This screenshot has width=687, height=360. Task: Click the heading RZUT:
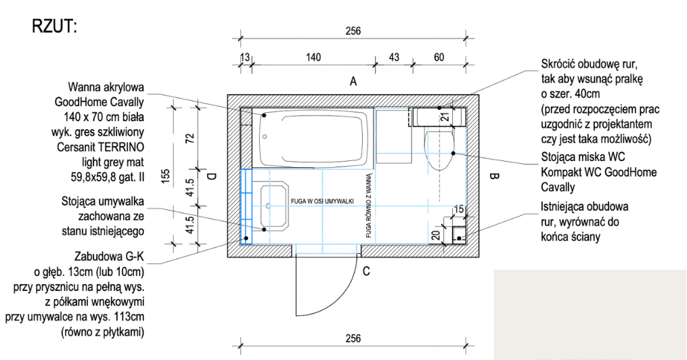[x=54, y=26]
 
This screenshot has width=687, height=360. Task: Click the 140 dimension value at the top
[x=313, y=58]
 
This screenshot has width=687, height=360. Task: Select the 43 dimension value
[x=394, y=58]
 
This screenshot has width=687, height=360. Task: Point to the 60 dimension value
[x=439, y=58]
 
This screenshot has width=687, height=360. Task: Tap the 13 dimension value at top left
[x=245, y=58]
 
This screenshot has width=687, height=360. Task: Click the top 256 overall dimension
[x=353, y=31]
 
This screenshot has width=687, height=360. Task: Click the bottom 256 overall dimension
[x=353, y=338]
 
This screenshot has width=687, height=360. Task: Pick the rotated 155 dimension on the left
[x=166, y=177]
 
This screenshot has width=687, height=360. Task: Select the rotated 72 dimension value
[x=190, y=138]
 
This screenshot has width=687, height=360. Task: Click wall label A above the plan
[x=353, y=81]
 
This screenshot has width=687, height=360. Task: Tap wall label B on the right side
[x=494, y=177]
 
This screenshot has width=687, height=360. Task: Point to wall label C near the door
[x=366, y=271]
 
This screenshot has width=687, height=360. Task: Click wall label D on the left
[x=212, y=177]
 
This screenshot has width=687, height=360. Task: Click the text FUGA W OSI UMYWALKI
[x=322, y=202]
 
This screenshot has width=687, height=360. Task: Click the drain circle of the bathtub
[x=265, y=137]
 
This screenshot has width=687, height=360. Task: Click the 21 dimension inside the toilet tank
[x=445, y=117]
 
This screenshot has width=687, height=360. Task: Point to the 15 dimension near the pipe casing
[x=459, y=210]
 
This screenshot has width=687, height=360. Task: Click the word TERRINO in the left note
[x=123, y=147]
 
